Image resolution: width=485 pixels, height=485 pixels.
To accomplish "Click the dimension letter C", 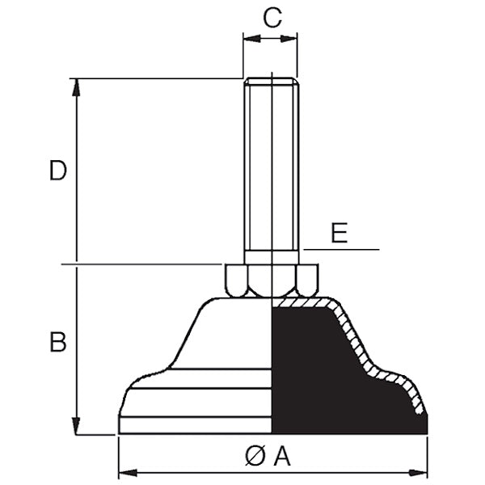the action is (x=272, y=18).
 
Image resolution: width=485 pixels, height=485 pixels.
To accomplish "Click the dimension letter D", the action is (x=58, y=170).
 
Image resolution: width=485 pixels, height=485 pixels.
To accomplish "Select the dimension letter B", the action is (x=58, y=342).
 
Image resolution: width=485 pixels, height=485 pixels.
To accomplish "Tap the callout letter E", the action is (x=339, y=233).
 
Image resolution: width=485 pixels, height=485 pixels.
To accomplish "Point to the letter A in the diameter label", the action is (x=282, y=457).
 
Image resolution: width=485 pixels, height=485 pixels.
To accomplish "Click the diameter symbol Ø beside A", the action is (x=255, y=457).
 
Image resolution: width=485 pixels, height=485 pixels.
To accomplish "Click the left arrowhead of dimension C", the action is (x=251, y=39).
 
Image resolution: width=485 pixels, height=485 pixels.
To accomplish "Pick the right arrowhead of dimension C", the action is (x=289, y=39).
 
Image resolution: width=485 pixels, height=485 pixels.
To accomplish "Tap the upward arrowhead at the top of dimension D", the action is (x=76, y=88).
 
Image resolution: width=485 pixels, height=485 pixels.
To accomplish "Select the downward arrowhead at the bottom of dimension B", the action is (x=76, y=426).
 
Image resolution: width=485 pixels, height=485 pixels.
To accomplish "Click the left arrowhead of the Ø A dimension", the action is (x=128, y=473).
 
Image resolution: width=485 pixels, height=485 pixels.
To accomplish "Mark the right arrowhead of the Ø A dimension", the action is (x=418, y=473).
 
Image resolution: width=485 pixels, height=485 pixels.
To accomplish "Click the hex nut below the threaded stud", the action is (x=272, y=280).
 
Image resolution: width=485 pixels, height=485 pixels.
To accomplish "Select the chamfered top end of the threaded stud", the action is (x=272, y=81).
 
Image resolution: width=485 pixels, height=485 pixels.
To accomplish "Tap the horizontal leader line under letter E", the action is (x=341, y=249).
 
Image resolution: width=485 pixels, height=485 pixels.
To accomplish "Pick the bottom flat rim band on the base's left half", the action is (x=195, y=425).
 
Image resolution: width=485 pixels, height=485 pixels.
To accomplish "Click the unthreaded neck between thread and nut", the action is (x=272, y=257).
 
